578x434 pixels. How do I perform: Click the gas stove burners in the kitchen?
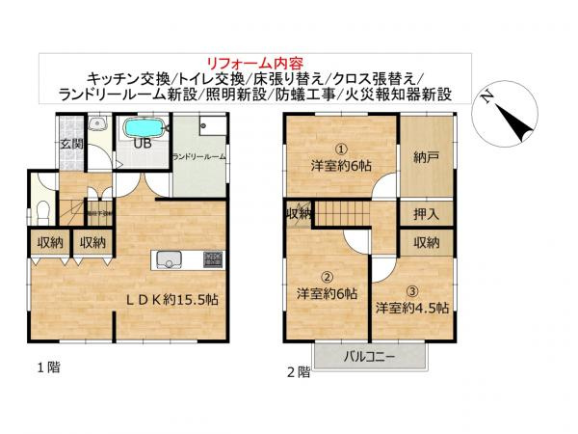211,259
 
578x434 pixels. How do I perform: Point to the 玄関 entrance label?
71,145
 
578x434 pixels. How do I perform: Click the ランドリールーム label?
199,156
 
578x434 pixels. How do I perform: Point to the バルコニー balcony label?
385,358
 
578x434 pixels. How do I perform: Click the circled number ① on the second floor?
341,149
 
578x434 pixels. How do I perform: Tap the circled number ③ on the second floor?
412,290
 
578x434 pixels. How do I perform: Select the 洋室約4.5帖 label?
411,309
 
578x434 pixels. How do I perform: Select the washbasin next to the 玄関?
96,125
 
